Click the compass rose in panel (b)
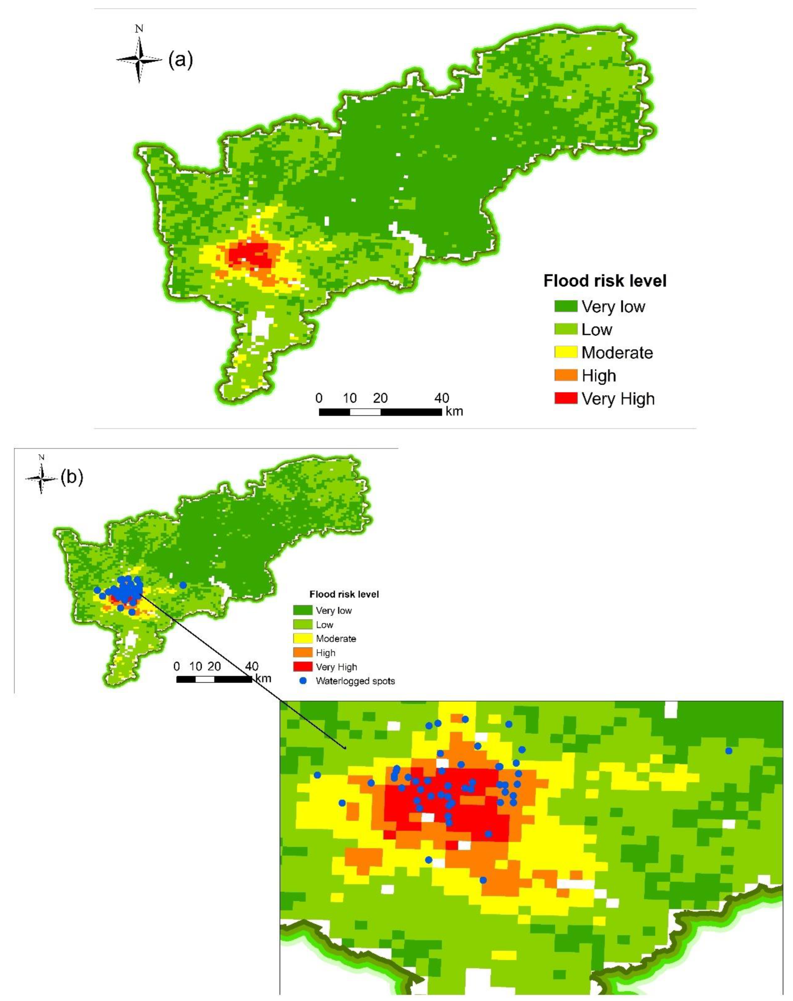click(41, 478)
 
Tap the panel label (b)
click(72, 478)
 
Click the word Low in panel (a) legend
click(597, 329)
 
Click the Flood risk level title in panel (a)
click(604, 281)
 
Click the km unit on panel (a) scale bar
click(454, 411)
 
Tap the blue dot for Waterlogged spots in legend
click(303, 681)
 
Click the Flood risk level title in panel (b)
click(344, 594)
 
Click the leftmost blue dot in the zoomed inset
click(317, 775)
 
